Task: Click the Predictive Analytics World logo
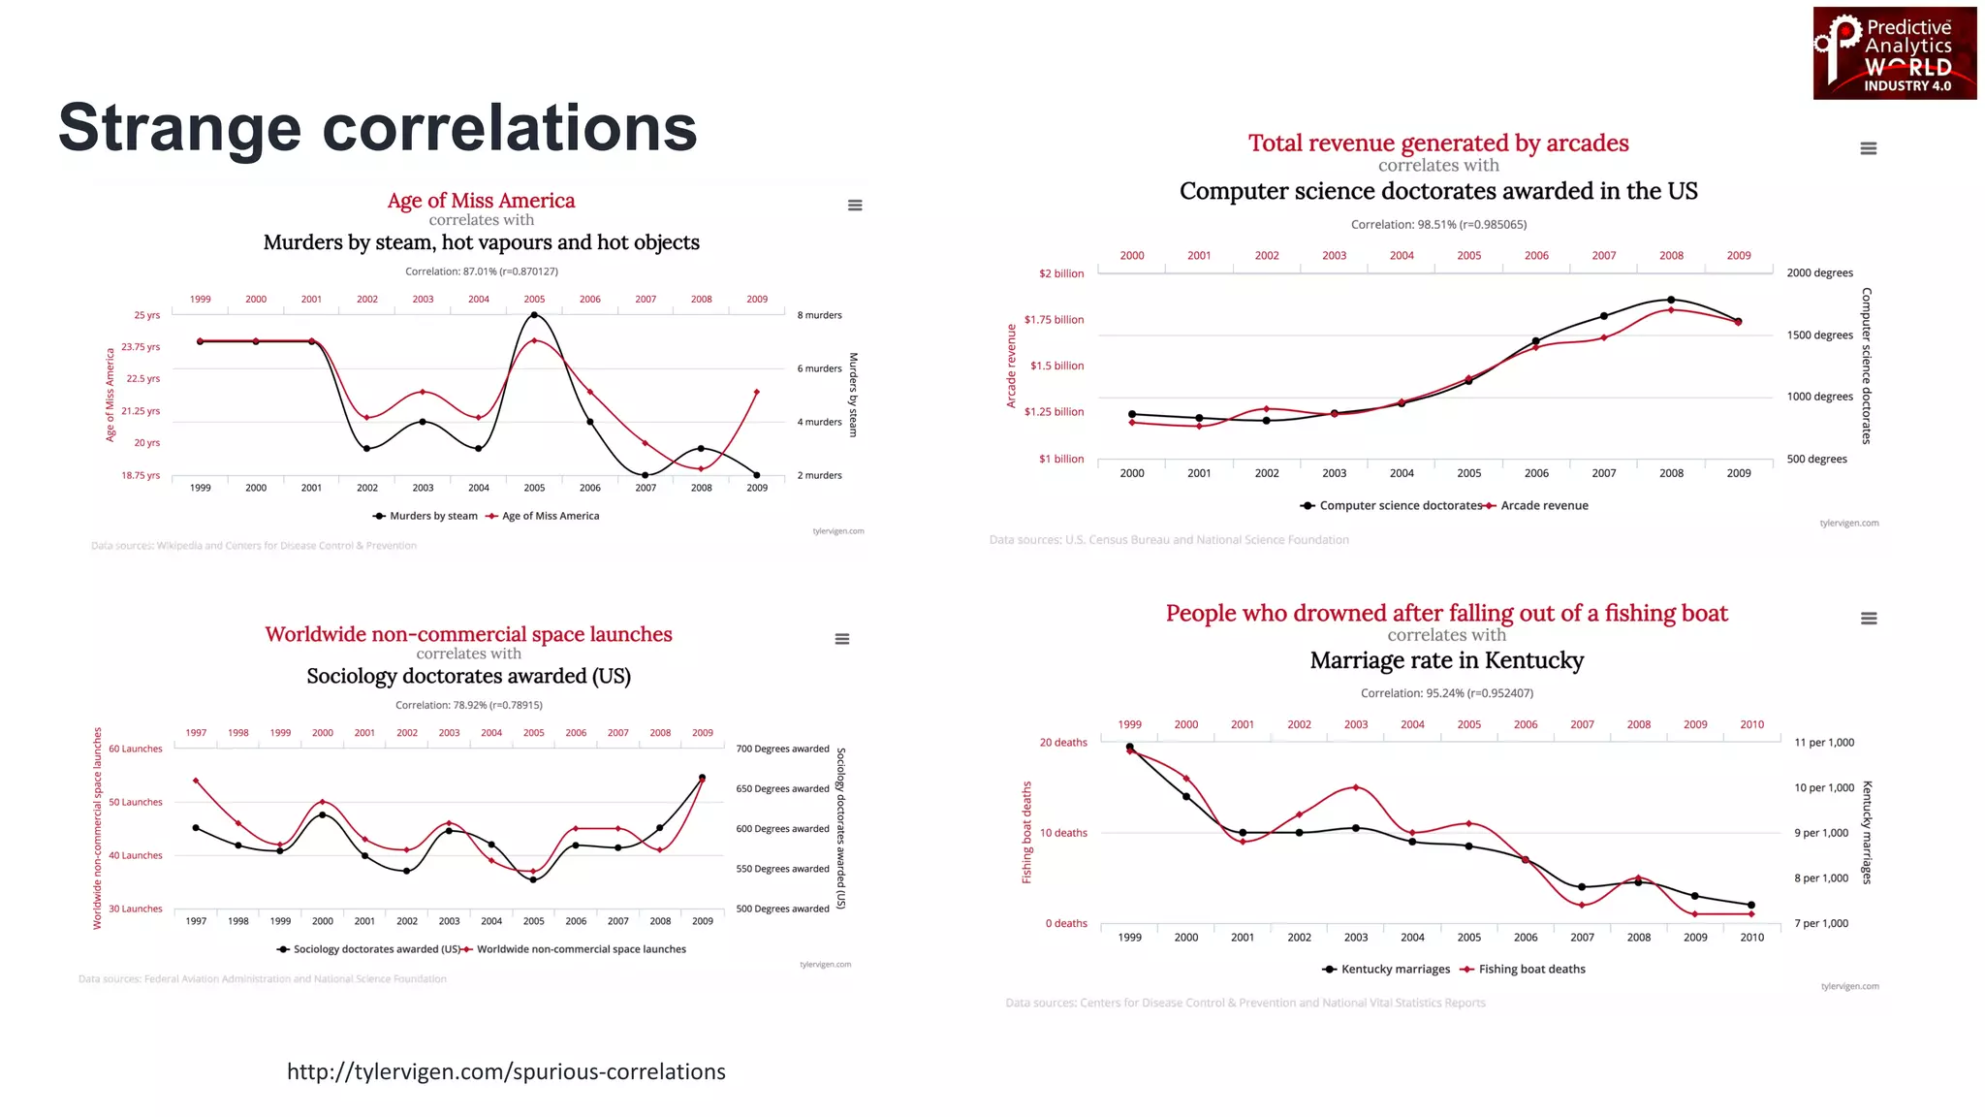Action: (x=1894, y=53)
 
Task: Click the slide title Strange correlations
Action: (x=377, y=128)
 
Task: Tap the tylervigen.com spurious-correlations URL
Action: (x=506, y=1071)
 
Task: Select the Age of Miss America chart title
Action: (x=481, y=201)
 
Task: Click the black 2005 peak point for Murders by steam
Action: (x=534, y=315)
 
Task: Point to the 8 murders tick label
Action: (x=819, y=315)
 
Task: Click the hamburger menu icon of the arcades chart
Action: (x=1869, y=148)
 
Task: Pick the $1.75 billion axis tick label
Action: (x=1054, y=320)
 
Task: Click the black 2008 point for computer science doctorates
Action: (x=1671, y=300)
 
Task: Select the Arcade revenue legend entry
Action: (x=1543, y=505)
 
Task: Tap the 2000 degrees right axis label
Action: (x=1819, y=273)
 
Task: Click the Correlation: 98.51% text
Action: (x=1438, y=224)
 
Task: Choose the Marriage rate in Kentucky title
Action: (x=1446, y=660)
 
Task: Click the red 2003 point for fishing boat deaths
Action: (x=1356, y=787)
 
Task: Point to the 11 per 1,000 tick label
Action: (x=1823, y=743)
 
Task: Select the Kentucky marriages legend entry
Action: (x=1394, y=969)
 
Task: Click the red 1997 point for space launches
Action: (x=196, y=781)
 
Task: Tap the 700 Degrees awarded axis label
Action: (x=782, y=749)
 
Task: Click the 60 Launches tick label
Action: (x=136, y=749)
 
